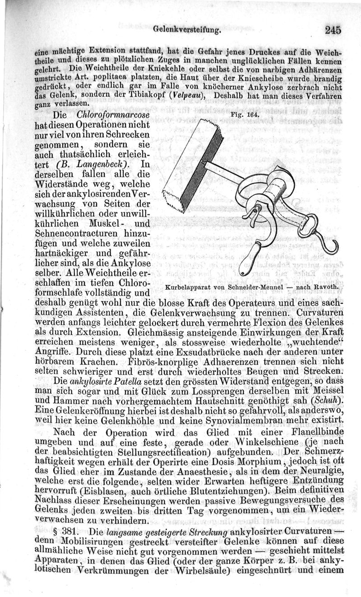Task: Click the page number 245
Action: point(332,30)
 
